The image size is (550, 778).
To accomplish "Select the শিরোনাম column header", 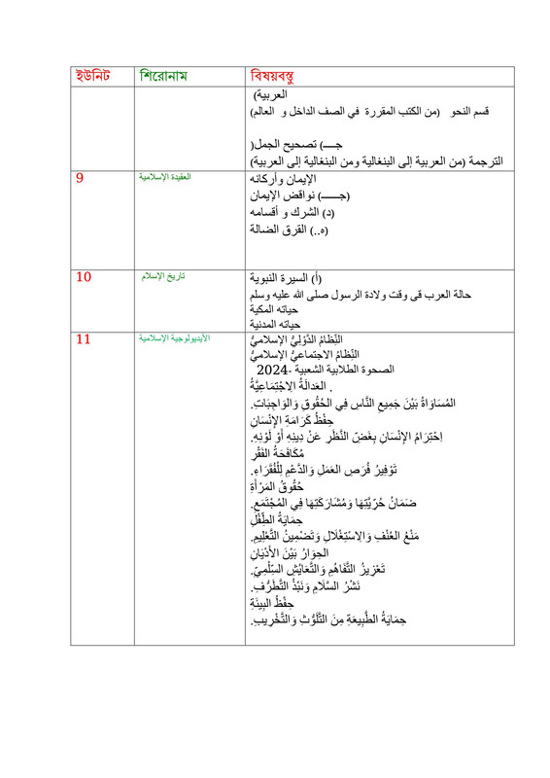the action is click(169, 76).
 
